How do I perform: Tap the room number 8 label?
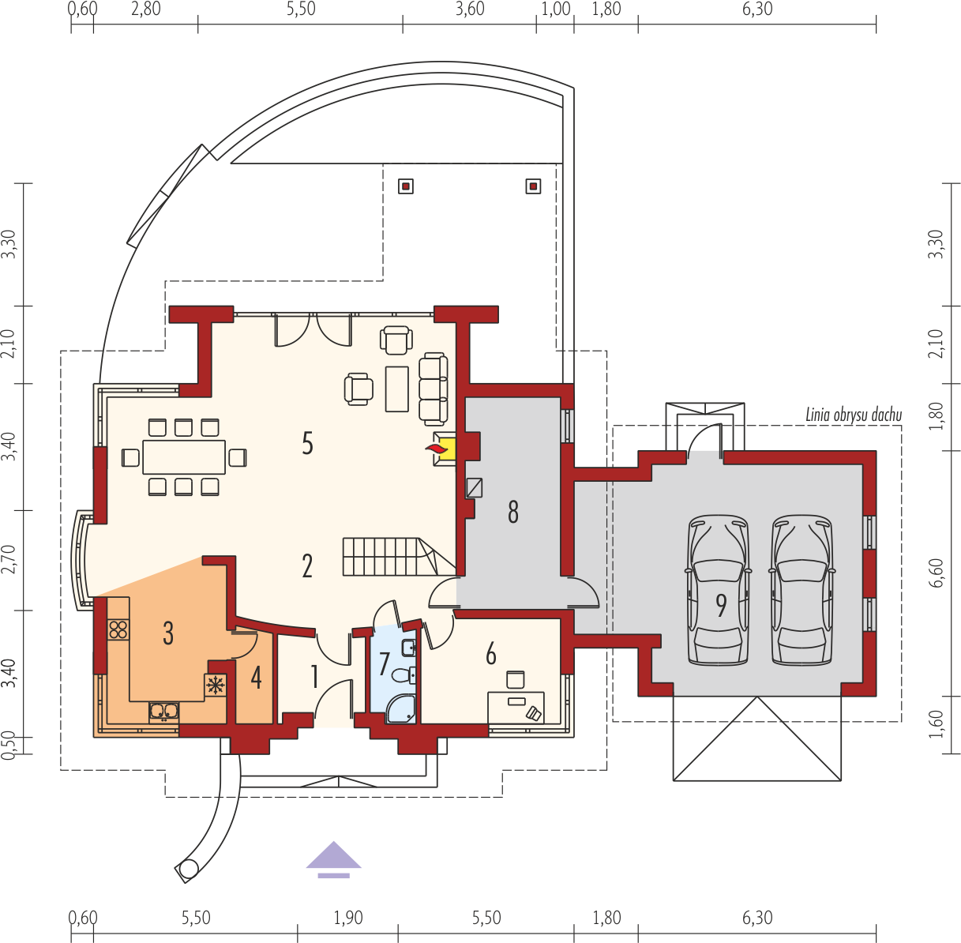point(513,512)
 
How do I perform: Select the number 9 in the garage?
point(721,605)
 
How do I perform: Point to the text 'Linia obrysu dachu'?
point(854,415)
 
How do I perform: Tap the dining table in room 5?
point(184,456)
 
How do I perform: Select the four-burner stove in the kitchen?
point(118,629)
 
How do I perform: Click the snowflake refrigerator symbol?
point(216,686)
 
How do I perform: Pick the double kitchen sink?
point(164,712)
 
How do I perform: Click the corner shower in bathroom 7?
point(401,709)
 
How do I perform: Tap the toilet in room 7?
point(404,675)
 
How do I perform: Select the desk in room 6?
point(516,707)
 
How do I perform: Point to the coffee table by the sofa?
point(397,389)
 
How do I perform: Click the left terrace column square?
point(406,186)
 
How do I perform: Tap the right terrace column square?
point(534,186)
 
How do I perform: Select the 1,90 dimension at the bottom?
point(348,918)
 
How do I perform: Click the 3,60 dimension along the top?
point(470,9)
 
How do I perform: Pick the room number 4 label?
point(257,678)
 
